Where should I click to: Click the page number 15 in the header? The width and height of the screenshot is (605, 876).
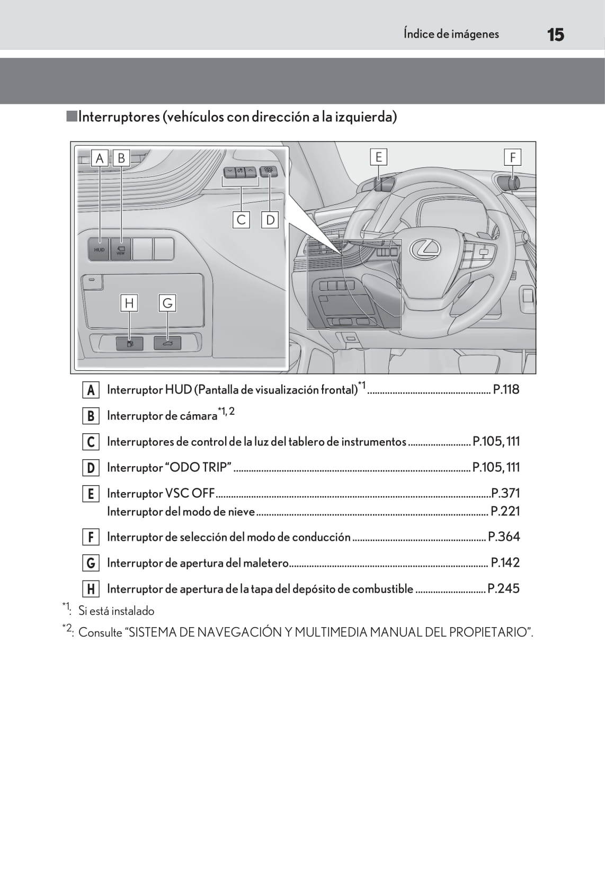[x=555, y=35]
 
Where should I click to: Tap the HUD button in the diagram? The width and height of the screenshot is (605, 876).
[x=100, y=249]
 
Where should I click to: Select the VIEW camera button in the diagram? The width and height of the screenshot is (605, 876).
[x=121, y=249]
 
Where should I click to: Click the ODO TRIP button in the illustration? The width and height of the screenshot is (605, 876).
[x=269, y=171]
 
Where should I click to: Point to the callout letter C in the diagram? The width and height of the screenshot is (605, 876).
[x=242, y=219]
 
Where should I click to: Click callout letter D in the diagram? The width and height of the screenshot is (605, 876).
[x=270, y=219]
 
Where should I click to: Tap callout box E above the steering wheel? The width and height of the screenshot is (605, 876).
[x=378, y=157]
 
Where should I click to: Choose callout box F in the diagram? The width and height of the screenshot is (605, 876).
[x=512, y=157]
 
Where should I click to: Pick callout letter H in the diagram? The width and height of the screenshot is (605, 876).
[x=129, y=303]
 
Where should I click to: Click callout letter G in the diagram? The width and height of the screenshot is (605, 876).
[x=167, y=303]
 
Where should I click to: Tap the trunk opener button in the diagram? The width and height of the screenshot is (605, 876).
[x=167, y=344]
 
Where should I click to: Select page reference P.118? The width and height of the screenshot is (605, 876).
[x=506, y=390]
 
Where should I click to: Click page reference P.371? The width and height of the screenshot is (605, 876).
[x=505, y=494]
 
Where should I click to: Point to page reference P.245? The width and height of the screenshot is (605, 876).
[x=503, y=589]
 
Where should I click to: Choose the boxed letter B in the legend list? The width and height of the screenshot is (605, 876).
[x=91, y=416]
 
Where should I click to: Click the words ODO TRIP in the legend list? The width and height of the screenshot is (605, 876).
[x=200, y=468]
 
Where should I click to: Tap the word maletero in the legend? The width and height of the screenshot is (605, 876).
[x=265, y=563]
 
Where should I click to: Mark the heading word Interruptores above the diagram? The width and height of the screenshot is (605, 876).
[x=119, y=117]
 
